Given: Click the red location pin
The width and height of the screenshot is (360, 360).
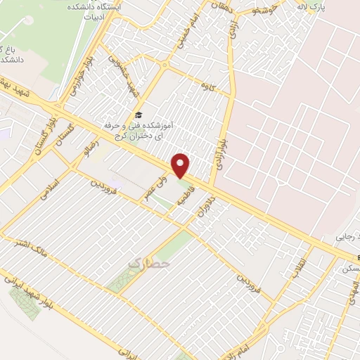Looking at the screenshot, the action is point(181,165).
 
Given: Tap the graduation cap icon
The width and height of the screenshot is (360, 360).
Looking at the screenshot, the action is point(139,115).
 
